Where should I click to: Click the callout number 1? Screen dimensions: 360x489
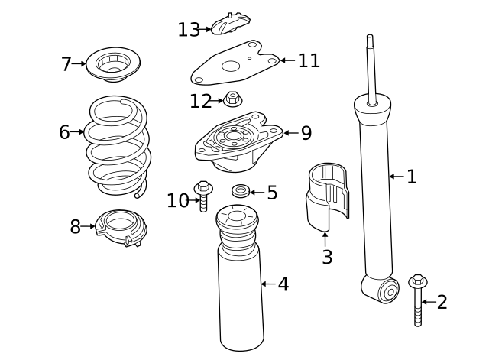pyautogui.click(x=412, y=177)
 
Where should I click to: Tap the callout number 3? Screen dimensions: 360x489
pyautogui.click(x=327, y=258)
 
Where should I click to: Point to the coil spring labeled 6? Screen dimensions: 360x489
pyautogui.click(x=115, y=145)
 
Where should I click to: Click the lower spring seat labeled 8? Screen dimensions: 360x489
pyautogui.click(x=121, y=228)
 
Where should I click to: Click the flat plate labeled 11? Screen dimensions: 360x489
pyautogui.click(x=233, y=66)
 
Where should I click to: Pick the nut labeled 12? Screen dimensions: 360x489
pyautogui.click(x=233, y=99)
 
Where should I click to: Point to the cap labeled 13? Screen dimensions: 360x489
pyautogui.click(x=230, y=24)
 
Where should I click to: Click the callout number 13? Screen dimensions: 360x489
pyautogui.click(x=189, y=30)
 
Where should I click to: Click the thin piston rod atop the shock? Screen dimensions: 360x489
pyautogui.click(x=371, y=65)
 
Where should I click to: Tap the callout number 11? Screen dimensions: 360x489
pyautogui.click(x=309, y=60)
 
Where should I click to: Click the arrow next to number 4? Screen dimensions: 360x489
pyautogui.click(x=267, y=284)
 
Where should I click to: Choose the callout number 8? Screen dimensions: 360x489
pyautogui.click(x=75, y=227)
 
